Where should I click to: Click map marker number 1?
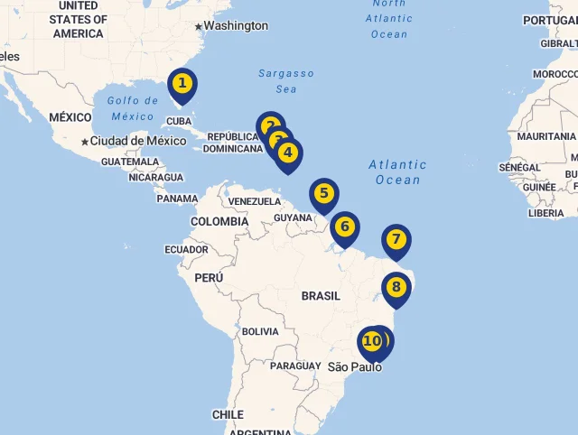[x=182, y=85]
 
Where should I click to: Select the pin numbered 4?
[x=288, y=153]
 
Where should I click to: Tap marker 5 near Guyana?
[x=323, y=193]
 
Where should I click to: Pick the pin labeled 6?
[x=344, y=227]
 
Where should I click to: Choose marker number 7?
[x=396, y=240]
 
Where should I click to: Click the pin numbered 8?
[x=396, y=288]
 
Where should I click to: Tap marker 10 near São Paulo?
[x=370, y=341]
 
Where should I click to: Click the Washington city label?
[x=235, y=26]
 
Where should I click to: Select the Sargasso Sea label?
[x=285, y=81]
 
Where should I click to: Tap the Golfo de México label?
[x=131, y=107]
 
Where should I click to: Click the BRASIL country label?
[x=321, y=296]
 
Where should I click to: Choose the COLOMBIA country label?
[x=219, y=221]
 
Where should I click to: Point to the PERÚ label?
[x=209, y=278]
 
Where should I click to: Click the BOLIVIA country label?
[x=260, y=331]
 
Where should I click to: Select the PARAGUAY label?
[x=295, y=366]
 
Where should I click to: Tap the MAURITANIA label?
[x=546, y=136]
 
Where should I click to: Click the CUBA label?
[x=179, y=121]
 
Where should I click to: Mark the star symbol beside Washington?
[x=199, y=26]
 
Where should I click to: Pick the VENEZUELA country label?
[x=255, y=201]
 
